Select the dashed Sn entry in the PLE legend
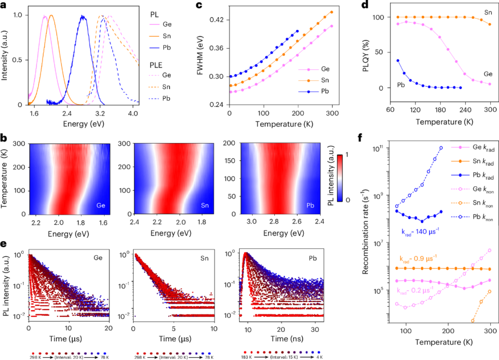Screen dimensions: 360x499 pos(160,87)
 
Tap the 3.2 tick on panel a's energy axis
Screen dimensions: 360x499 pos(100,113)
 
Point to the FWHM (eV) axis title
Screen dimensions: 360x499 pos(200,55)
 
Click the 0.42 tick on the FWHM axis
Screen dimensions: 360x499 pos(216,20)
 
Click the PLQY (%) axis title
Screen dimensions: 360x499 pos(366,55)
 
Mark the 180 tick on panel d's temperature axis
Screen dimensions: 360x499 pos(440,110)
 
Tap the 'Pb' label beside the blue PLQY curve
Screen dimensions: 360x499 pos(401,85)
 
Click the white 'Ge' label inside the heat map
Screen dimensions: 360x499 pos(101,205)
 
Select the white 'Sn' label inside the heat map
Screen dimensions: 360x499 pos(205,205)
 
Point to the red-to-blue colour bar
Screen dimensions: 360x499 pos(340,178)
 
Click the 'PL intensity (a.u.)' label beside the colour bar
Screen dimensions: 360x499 pos(330,176)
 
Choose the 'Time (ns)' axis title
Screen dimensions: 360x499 pos(287,339)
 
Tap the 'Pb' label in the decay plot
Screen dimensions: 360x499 pos(313,258)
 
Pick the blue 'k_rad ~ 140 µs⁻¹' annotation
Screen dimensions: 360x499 pos(420,232)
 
